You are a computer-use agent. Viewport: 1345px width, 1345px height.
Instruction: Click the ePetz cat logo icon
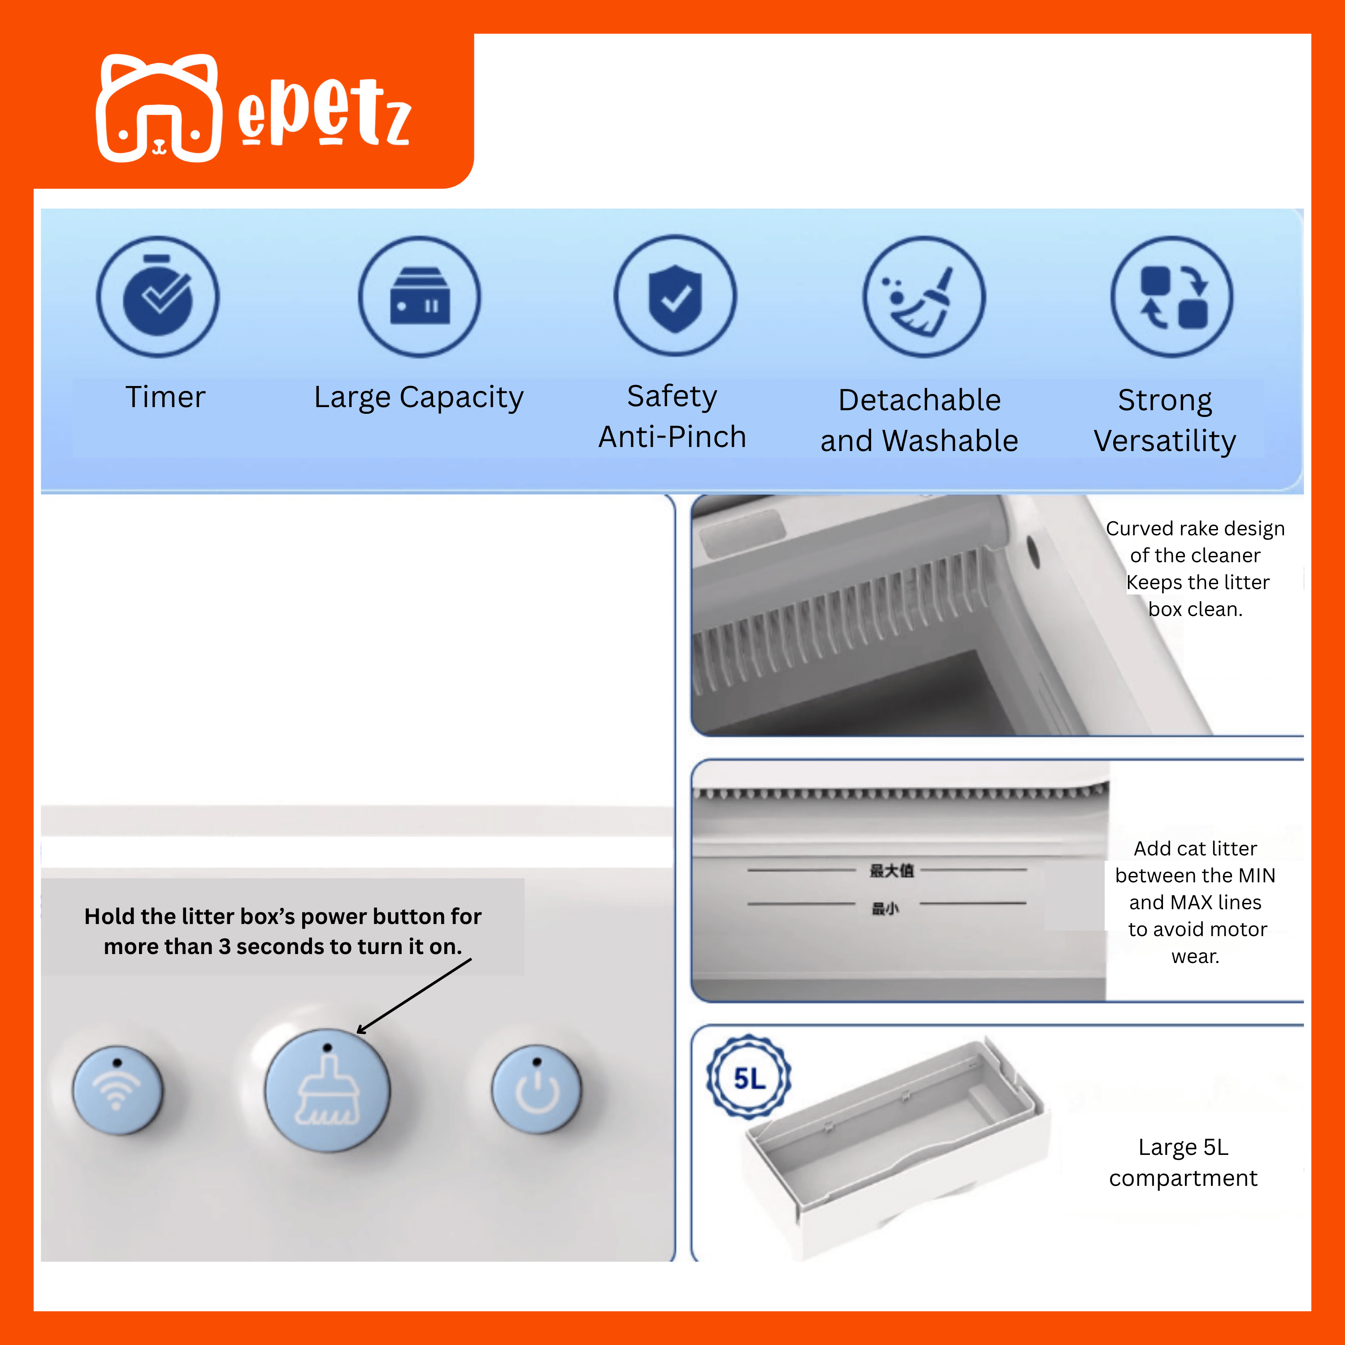point(159,108)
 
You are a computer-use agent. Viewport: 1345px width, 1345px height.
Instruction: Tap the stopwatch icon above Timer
point(157,296)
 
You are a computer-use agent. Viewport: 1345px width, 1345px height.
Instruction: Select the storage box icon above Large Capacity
point(420,296)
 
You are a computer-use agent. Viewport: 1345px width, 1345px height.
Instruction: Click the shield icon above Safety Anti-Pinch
point(675,296)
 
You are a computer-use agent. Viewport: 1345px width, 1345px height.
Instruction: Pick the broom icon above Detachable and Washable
point(924,296)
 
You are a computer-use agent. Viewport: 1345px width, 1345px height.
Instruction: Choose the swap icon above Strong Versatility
point(1171,296)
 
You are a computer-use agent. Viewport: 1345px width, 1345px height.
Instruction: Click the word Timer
point(166,397)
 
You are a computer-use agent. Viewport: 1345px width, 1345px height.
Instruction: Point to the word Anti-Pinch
point(672,437)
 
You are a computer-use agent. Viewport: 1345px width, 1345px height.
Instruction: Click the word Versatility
point(1165,441)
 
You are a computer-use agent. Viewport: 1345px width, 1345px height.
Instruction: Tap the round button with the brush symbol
point(327,1090)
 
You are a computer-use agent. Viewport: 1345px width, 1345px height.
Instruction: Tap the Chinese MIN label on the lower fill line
point(885,908)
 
